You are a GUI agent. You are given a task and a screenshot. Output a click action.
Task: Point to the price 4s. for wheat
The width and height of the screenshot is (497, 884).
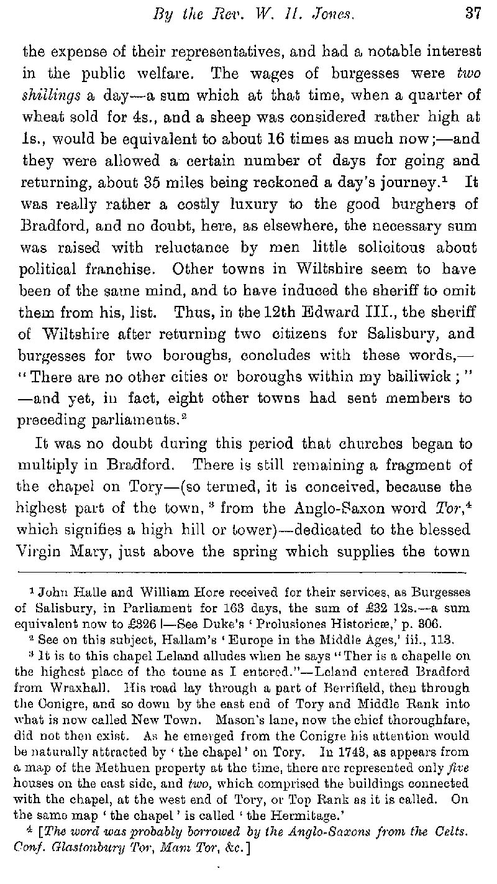163,117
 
